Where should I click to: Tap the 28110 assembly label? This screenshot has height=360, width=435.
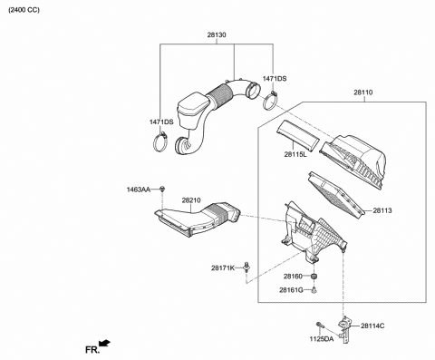click(x=364, y=92)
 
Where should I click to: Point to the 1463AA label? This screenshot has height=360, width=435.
click(x=139, y=190)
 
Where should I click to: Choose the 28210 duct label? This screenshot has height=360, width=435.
click(x=190, y=200)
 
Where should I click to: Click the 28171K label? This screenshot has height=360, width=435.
click(x=223, y=268)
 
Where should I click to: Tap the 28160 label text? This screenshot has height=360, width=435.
click(x=293, y=276)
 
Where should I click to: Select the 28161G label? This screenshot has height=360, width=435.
click(x=293, y=290)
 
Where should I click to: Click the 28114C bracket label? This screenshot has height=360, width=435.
click(x=372, y=325)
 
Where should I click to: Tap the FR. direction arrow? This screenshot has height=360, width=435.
click(x=106, y=343)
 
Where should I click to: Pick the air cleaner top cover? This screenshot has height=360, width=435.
click(x=358, y=154)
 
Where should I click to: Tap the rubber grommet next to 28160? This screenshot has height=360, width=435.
click(x=314, y=276)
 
